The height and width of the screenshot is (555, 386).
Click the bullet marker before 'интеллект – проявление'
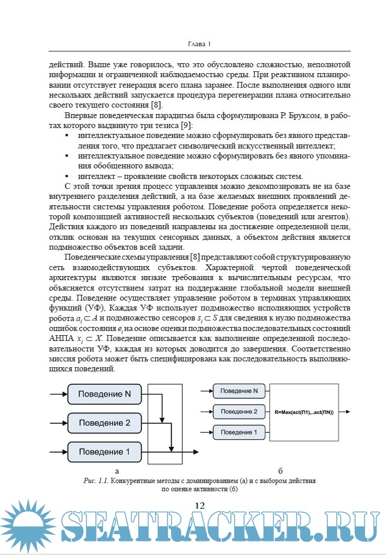(x=67, y=176)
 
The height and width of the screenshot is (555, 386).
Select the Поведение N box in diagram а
(x=104, y=394)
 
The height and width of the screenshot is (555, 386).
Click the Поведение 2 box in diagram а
(x=104, y=423)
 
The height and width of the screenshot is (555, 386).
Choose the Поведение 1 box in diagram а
(x=104, y=451)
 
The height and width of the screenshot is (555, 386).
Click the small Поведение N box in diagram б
(x=240, y=391)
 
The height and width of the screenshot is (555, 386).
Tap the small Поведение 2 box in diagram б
(x=240, y=412)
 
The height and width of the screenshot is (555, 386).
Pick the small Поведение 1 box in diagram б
(x=240, y=432)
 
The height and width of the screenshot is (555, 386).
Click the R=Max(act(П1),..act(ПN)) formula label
(x=303, y=412)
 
